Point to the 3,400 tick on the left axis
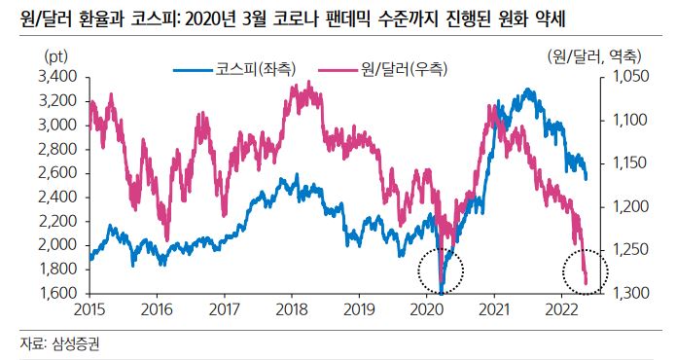tap(57, 76)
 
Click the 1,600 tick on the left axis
tap(57, 293)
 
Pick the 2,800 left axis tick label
tap(57, 148)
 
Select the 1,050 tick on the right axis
tap(620, 76)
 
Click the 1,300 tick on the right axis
tap(620, 293)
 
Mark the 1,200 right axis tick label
tap(620, 206)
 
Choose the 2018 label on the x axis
tap(292, 309)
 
